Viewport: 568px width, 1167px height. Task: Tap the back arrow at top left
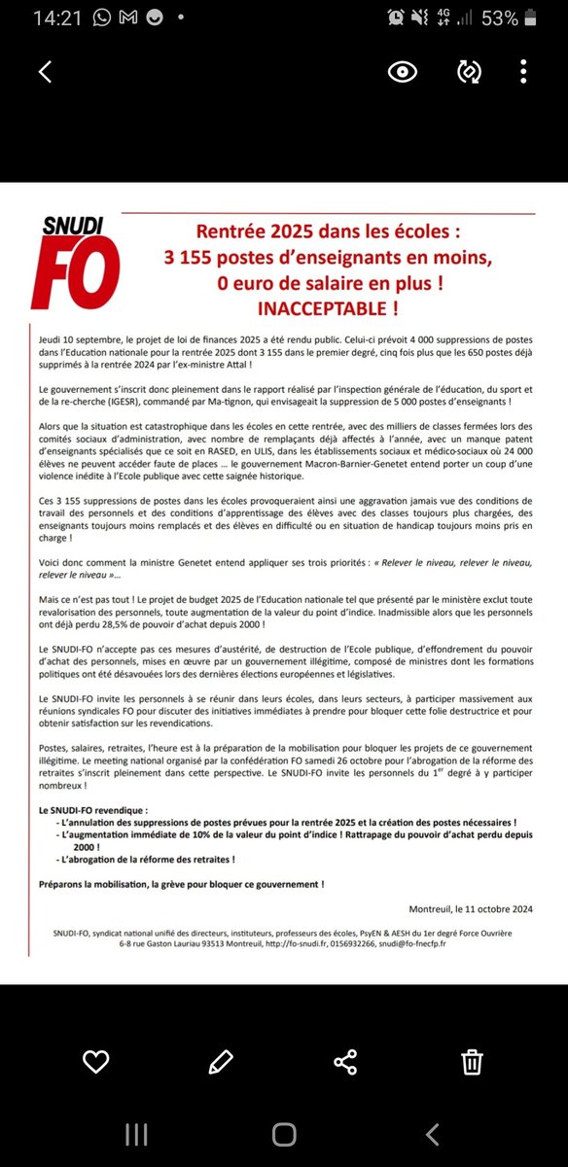click(44, 72)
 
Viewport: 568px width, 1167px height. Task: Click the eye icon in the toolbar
click(402, 72)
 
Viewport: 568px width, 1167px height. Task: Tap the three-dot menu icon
click(523, 72)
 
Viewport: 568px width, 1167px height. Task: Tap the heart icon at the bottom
click(95, 1061)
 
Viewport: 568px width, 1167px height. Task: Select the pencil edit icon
click(221, 1061)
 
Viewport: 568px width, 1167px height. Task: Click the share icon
click(345, 1061)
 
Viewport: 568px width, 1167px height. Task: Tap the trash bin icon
click(472, 1061)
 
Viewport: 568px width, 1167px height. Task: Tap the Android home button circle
click(284, 1133)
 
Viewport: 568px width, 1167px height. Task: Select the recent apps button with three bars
click(135, 1133)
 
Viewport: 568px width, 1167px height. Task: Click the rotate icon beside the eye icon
click(469, 72)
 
